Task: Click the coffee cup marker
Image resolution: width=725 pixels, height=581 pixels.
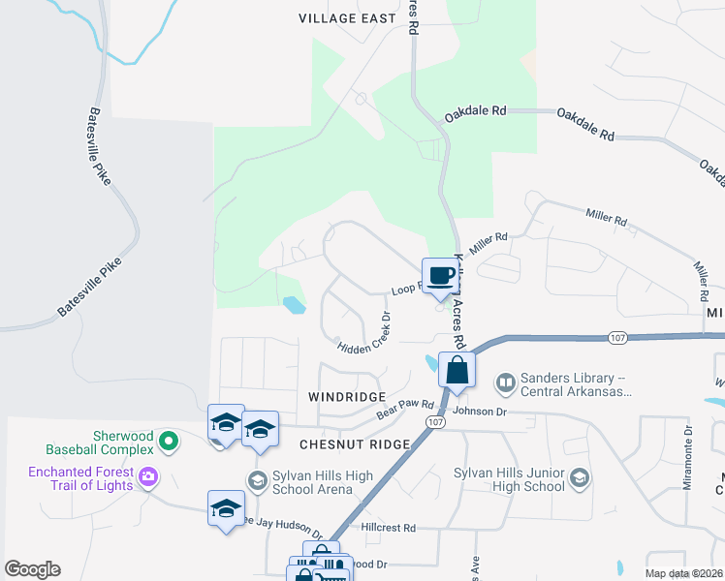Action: pos(439,276)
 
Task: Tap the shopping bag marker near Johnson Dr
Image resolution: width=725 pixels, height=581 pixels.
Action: pos(456,371)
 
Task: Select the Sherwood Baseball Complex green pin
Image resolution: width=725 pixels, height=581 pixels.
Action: pos(169,442)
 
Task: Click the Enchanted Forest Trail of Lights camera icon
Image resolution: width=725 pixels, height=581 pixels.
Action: pos(148,475)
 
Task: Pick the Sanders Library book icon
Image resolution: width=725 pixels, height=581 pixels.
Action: pos(505,384)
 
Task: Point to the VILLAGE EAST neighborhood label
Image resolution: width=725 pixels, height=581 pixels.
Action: pos(348,18)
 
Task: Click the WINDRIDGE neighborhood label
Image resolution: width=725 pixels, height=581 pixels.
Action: pos(347,397)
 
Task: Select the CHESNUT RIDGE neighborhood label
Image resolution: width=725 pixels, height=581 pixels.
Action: pos(354,443)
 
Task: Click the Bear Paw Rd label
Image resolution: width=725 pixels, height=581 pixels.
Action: pos(404,409)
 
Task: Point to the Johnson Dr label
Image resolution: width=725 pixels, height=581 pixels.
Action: pos(481,411)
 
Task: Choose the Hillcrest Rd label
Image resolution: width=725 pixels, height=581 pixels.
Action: pos(388,528)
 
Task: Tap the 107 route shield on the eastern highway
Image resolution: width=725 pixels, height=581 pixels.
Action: pos(617,337)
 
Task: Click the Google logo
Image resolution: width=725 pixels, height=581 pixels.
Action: pos(32,569)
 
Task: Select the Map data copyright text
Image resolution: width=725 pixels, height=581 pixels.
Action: pos(682,573)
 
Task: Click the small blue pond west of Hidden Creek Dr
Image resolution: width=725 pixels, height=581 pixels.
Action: pos(294,306)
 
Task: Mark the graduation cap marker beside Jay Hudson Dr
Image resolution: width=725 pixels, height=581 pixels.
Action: pos(226,508)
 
